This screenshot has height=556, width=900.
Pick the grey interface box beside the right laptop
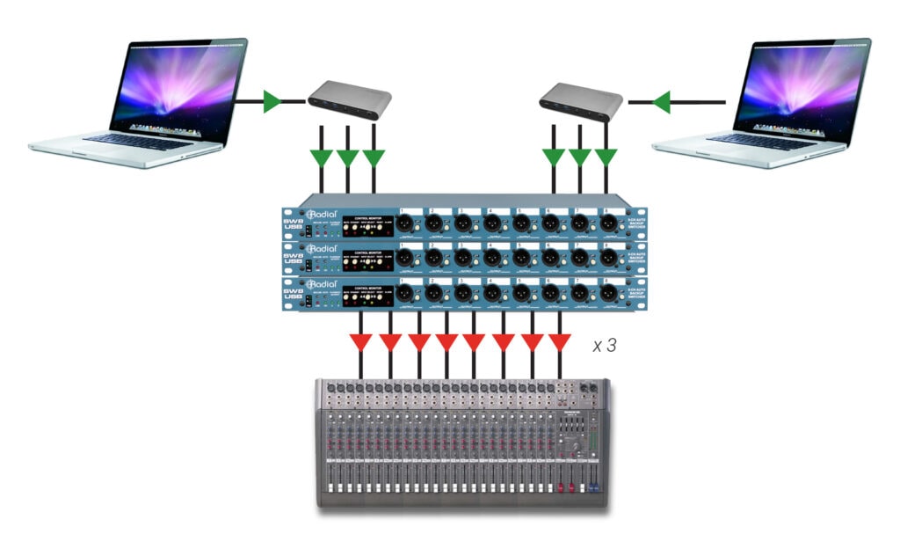pyautogui.click(x=581, y=102)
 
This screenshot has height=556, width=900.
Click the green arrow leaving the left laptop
pyautogui.click(x=272, y=102)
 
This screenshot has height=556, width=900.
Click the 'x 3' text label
pyautogui.click(x=604, y=346)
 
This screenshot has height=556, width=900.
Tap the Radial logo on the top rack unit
pyautogui.click(x=323, y=215)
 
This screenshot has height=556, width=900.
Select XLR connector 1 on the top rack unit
pyautogui.click(x=405, y=224)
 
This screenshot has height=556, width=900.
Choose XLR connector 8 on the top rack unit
pyautogui.click(x=607, y=224)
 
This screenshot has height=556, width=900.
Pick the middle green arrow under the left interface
pyautogui.click(x=348, y=158)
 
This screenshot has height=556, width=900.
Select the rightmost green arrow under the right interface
pyautogui.click(x=606, y=158)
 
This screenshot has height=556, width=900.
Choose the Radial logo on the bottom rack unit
pyautogui.click(x=323, y=285)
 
